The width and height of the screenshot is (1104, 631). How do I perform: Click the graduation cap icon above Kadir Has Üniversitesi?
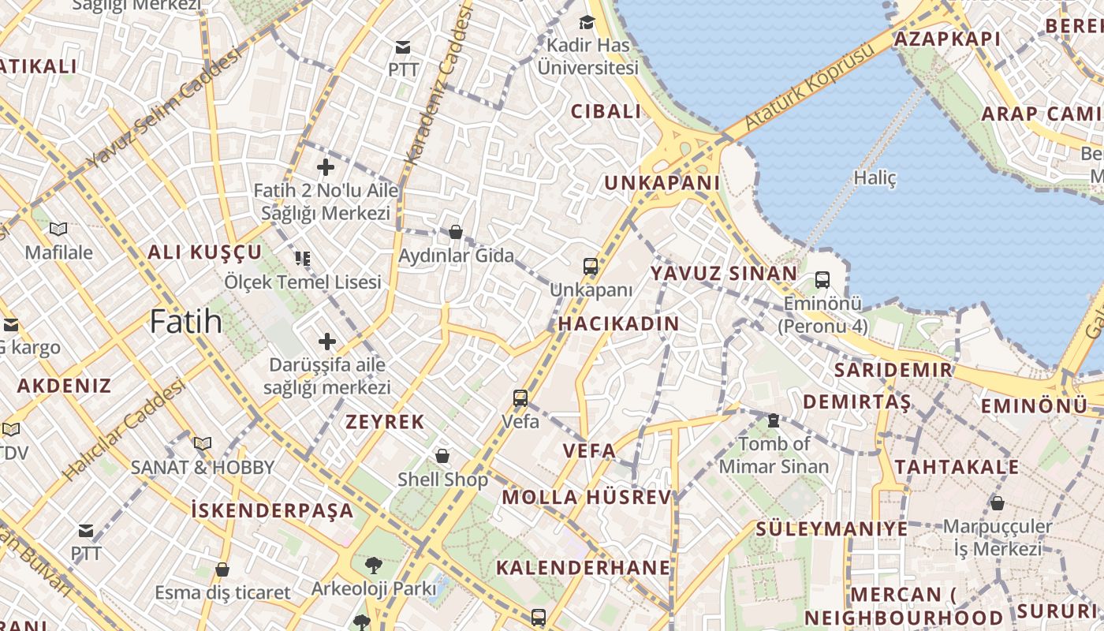point(587,22)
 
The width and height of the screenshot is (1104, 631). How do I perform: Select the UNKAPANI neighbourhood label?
point(662,183)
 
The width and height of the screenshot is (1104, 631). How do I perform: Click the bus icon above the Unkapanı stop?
point(591,267)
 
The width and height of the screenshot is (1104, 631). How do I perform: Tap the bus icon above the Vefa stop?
point(520,398)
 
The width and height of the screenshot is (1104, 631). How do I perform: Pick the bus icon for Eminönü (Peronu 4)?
point(822,279)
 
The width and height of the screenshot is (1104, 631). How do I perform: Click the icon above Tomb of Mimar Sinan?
point(774,421)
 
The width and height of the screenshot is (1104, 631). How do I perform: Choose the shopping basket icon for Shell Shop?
point(442,456)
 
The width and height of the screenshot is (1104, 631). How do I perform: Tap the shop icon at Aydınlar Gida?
point(456,232)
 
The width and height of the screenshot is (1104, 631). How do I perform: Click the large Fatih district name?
point(186,322)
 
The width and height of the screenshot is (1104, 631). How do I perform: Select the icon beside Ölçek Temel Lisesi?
point(303,259)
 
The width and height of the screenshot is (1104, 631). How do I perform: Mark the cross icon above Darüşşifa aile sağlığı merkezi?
point(326,342)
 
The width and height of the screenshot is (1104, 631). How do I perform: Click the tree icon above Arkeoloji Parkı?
point(373,565)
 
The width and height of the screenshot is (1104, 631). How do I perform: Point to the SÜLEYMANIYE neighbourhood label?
point(832,528)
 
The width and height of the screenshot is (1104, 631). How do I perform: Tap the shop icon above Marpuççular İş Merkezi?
point(998,502)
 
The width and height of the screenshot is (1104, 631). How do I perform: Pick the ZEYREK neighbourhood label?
point(386,422)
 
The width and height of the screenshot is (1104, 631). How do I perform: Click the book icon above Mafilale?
point(58,229)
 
